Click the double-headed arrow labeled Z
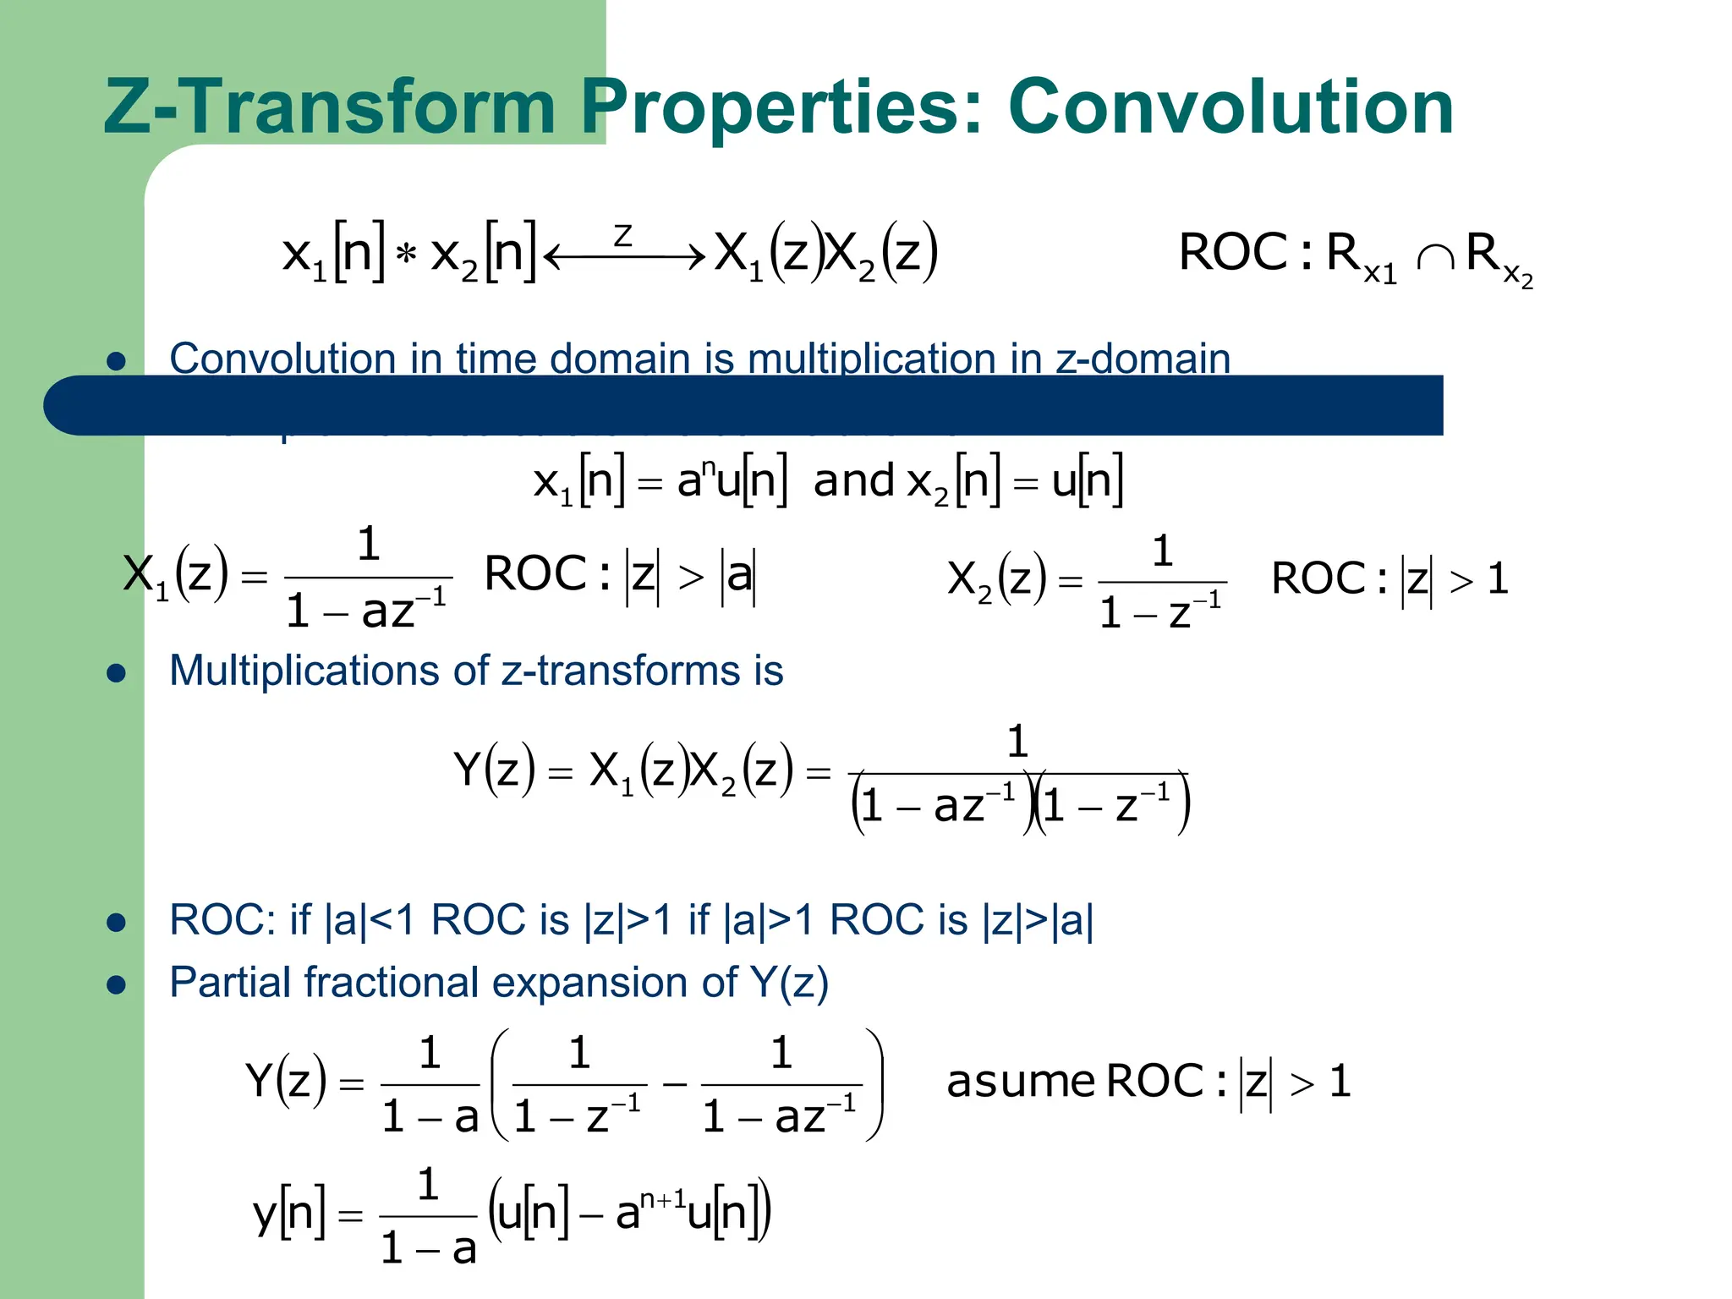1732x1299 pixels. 624,254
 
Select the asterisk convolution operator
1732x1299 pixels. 407,254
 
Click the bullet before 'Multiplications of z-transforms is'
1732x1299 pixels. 117,673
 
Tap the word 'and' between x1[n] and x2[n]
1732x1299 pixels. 853,481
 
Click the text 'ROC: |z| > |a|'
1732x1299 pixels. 620,575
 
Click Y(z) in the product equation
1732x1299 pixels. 494,770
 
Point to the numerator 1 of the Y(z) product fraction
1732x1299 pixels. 1017,742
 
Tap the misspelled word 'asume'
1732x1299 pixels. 1021,1082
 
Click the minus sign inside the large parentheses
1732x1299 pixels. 674,1084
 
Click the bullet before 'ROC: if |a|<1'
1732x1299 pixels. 117,923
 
